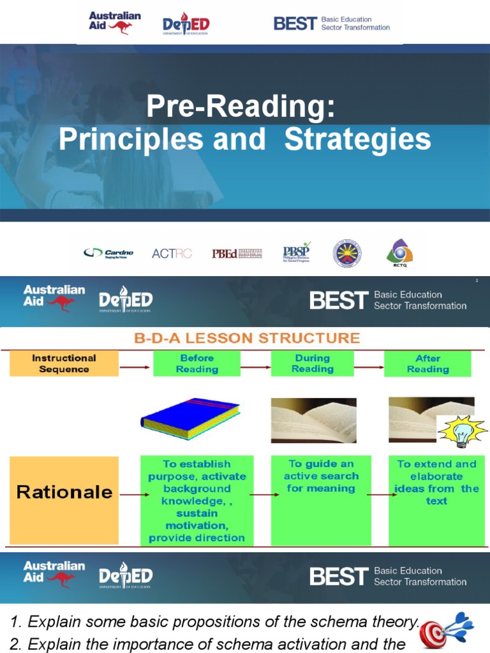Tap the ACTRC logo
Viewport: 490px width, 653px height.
point(172,253)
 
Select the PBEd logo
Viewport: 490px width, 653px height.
point(237,253)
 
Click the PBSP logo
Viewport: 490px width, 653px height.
point(296,253)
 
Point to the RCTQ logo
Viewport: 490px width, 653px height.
point(399,253)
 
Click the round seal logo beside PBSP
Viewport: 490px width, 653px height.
point(347,253)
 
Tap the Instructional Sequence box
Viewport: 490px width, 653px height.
point(64,364)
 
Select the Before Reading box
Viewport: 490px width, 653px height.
point(197,364)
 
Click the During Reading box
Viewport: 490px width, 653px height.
point(313,363)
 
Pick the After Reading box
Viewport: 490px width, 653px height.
point(427,364)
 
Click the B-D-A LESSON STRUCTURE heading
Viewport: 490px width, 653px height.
point(247,338)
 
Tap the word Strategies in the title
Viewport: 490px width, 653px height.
point(357,140)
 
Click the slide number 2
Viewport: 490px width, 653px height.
point(477,281)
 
